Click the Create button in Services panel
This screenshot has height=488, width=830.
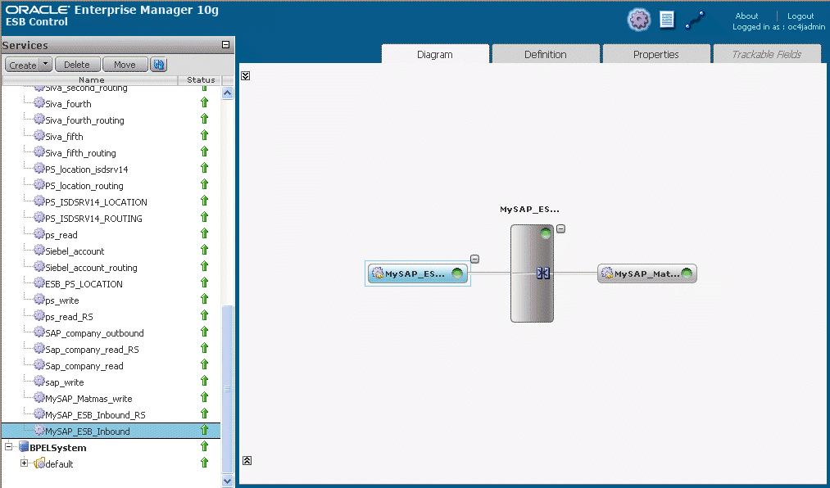point(23,65)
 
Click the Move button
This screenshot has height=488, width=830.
point(125,65)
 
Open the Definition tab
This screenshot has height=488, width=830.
point(545,54)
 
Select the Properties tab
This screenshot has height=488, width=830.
point(655,54)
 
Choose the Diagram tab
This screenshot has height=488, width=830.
point(434,54)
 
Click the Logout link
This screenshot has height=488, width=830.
point(801,16)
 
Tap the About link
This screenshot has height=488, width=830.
point(746,16)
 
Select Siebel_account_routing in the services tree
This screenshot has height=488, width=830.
point(91,268)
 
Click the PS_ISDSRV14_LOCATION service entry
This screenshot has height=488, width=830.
point(96,202)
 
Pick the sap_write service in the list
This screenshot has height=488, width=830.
point(64,382)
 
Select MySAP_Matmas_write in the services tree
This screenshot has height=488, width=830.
point(88,399)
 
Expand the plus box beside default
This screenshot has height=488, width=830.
point(24,463)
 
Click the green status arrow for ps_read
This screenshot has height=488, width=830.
point(204,233)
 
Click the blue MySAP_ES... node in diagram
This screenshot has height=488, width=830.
point(418,273)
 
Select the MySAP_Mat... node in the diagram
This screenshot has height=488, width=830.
point(646,273)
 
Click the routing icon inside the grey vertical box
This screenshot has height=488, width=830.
point(543,273)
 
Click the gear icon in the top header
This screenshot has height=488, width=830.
point(639,20)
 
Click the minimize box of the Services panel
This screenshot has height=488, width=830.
point(225,45)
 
